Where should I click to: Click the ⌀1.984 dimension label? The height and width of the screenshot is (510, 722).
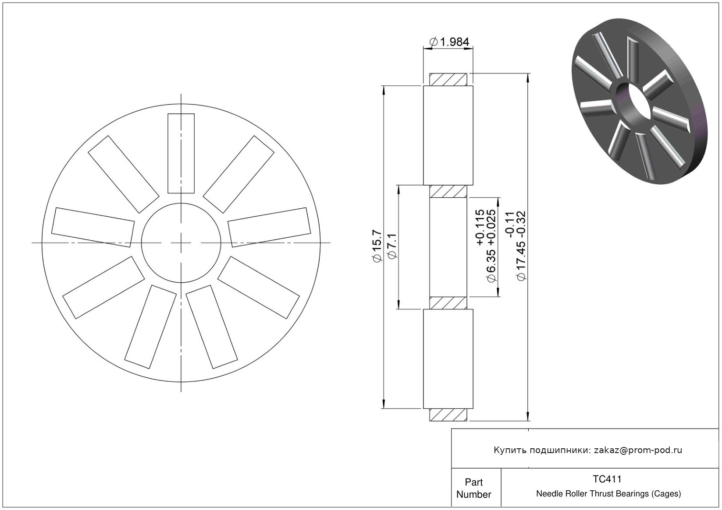pos(449,42)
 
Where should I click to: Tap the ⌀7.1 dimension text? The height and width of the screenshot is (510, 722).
pos(393,246)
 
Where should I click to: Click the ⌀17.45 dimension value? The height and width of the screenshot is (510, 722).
pos(521,261)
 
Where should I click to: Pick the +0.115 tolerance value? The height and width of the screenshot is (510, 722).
pos(480,227)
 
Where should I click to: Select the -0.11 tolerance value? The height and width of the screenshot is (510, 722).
pos(509,225)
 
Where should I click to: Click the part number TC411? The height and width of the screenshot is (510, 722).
pos(607,479)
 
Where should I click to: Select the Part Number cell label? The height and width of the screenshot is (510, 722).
pos(473,488)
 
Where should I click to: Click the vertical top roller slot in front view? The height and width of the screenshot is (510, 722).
pos(181,154)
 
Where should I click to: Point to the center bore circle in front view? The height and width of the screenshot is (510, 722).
pos(181,243)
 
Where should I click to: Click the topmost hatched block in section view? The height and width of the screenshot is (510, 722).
pos(448,80)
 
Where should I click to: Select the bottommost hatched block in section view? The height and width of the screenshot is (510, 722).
pos(448,415)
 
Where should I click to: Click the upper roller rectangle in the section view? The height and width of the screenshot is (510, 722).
pos(448,135)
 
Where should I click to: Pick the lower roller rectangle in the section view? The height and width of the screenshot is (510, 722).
pos(448,359)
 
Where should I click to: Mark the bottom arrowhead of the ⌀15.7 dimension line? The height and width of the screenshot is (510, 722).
pos(384,404)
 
